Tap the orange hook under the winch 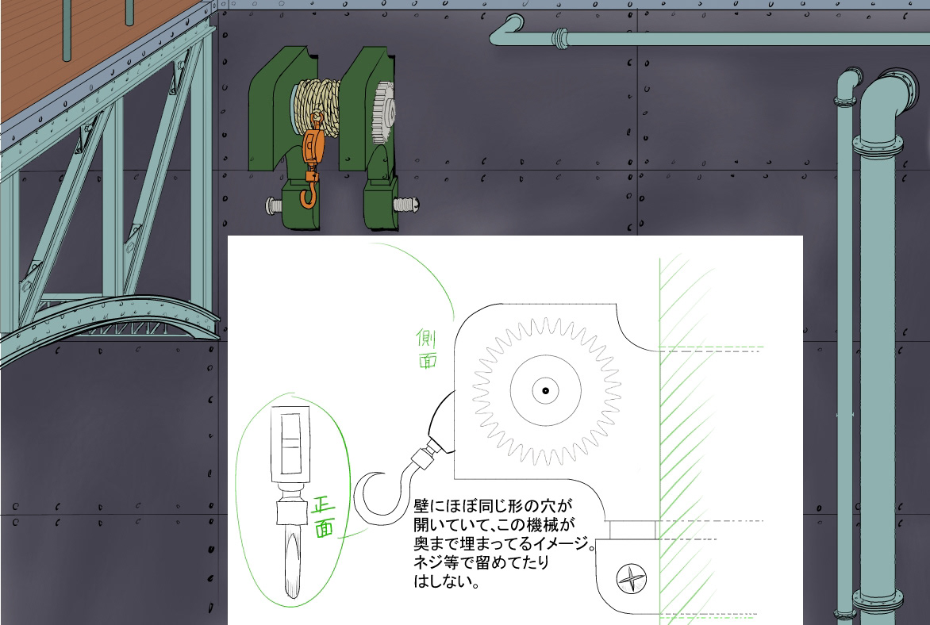tap(308, 195)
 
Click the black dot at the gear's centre tap(546, 389)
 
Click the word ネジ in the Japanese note tap(425, 562)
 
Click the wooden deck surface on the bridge tap(63, 48)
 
